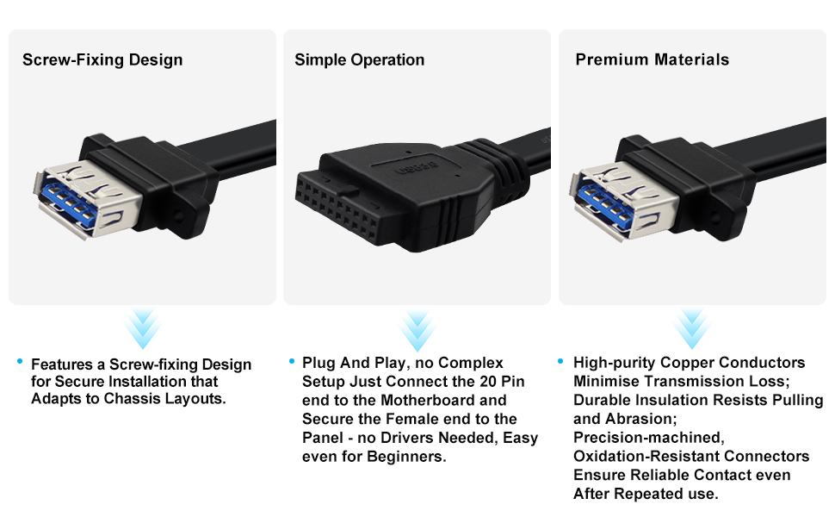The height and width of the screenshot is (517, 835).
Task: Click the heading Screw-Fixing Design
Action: point(102,60)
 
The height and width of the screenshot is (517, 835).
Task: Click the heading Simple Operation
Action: point(359,60)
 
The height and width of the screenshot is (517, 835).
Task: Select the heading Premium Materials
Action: point(652,60)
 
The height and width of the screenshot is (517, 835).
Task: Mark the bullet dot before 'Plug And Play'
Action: point(292,361)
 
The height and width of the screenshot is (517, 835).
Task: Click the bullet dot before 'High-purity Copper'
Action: point(561,361)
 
